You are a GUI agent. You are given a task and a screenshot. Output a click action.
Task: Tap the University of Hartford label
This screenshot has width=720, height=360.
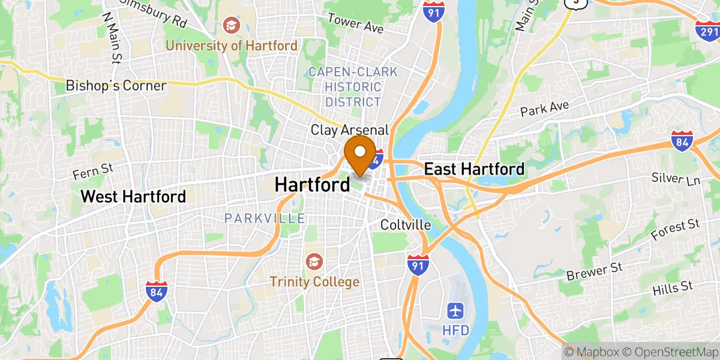232,46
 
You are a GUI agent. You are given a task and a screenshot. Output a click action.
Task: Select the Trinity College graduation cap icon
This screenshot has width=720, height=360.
313,261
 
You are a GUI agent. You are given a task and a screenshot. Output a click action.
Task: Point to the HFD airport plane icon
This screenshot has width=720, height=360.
456,310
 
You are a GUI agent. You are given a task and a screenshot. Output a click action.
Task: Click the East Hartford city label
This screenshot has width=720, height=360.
474,169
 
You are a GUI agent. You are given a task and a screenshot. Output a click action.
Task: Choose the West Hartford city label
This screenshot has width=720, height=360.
133,196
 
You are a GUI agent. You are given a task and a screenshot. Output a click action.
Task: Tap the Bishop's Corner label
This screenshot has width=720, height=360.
116,86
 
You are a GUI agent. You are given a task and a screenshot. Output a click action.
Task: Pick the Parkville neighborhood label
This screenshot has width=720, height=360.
265,218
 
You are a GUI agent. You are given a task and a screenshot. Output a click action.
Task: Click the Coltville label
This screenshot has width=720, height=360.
406,225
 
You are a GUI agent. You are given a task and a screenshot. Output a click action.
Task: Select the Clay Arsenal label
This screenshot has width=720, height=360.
350,130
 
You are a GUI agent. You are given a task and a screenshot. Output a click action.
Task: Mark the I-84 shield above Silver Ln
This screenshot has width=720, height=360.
682,140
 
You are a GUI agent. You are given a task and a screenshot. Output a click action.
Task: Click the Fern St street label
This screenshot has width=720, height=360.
93,172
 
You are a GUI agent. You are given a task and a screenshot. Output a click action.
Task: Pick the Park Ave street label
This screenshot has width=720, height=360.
544,109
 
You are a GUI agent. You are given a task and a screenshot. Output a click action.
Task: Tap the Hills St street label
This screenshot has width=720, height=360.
673,287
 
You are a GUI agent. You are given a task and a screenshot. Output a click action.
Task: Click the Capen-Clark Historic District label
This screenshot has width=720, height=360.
353,87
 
